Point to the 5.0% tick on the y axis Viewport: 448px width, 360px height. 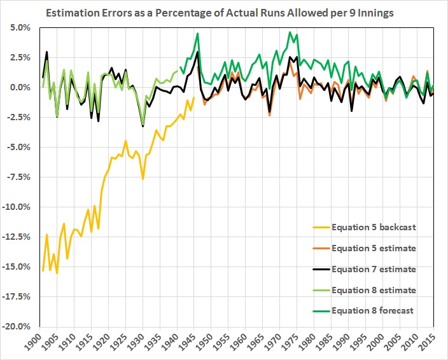[20, 28]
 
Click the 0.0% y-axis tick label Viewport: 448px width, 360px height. [20, 88]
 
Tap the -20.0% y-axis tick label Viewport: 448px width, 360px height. [17, 326]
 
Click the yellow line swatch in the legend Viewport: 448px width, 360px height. [325, 226]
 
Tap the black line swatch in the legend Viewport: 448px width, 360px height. [325, 269]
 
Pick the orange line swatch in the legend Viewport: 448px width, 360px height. [325, 248]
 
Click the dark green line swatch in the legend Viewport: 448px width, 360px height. [325, 311]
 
